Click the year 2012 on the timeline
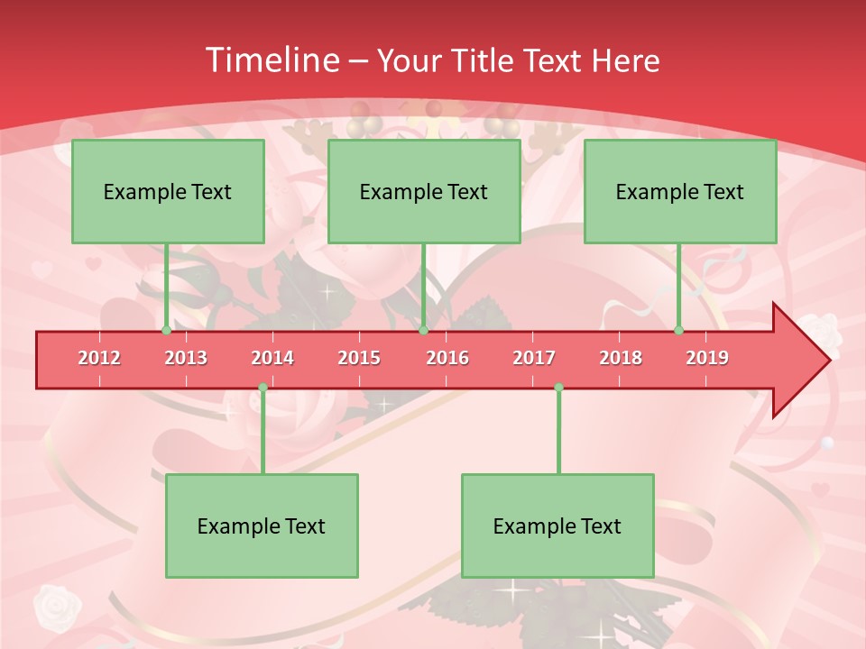[99, 358]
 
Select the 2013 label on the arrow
[186, 358]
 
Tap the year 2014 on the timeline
[272, 358]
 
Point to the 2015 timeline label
[359, 358]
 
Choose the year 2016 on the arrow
[447, 358]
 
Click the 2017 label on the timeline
[534, 358]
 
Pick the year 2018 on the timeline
[621, 358]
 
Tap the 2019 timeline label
[707, 358]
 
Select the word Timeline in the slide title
[271, 60]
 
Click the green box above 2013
[168, 191]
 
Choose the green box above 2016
[424, 191]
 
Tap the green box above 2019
[680, 191]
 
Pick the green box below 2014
[262, 526]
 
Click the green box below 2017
[557, 526]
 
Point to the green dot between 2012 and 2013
[166, 331]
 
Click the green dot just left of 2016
[423, 331]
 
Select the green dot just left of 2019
[679, 331]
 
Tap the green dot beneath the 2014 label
[263, 388]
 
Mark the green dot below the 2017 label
[558, 388]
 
